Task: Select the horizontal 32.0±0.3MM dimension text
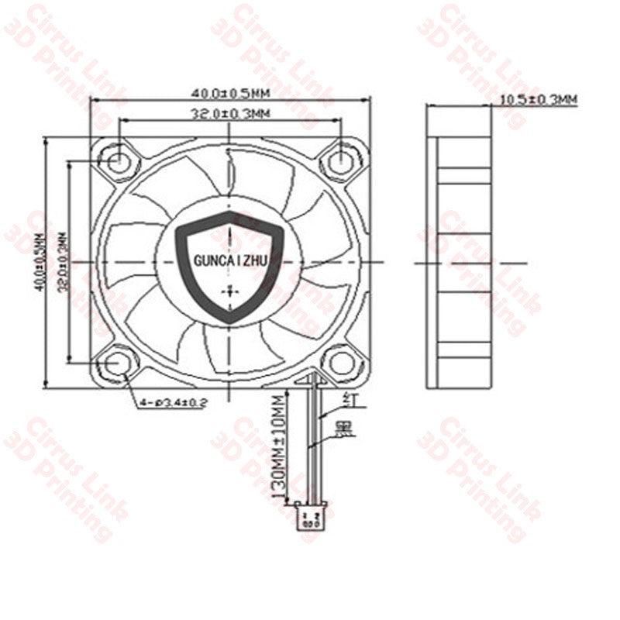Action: [x=230, y=114]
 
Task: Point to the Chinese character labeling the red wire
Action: [x=349, y=399]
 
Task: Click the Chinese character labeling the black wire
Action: [x=341, y=428]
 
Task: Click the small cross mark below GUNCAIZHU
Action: [x=230, y=291]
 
